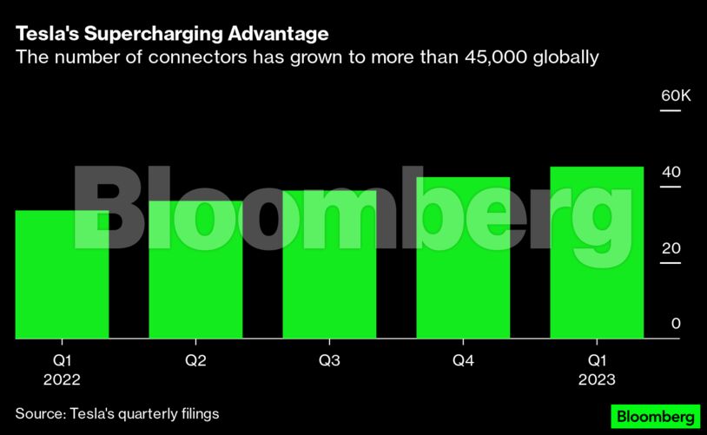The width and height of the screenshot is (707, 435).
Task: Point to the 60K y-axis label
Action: coord(675,96)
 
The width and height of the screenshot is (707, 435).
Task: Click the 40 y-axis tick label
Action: coord(671,173)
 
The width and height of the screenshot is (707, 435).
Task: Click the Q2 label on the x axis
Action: coord(195,359)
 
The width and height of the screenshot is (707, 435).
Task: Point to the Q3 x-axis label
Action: coord(329,359)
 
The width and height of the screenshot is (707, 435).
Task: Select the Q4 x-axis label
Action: coord(463,359)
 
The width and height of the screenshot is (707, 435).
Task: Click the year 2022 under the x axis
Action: coord(62,379)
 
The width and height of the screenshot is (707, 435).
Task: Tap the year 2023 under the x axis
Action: coord(597,379)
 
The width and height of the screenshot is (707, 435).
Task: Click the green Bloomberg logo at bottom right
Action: coord(655,416)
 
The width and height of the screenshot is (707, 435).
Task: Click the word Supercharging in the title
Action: coord(155,35)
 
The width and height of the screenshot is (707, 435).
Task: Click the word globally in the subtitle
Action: coord(570,58)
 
